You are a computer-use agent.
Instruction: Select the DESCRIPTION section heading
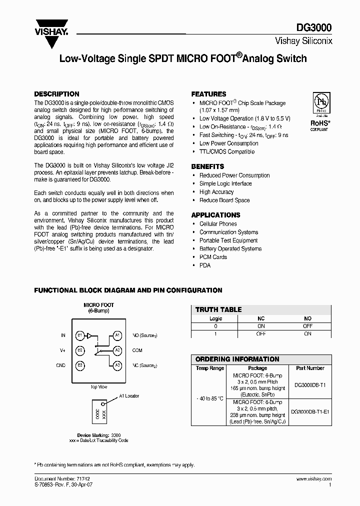tap(56, 94)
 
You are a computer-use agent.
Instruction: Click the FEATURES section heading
tap(208, 94)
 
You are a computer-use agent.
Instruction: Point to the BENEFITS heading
tap(207, 166)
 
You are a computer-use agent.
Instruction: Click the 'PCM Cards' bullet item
tap(213, 257)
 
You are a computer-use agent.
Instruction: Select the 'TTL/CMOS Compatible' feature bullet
tap(226, 151)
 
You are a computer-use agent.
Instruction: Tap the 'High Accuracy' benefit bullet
tap(216, 192)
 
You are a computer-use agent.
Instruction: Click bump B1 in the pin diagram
tap(79, 335)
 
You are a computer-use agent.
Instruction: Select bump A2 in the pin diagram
tap(117, 350)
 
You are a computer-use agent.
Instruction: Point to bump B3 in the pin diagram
tap(79, 365)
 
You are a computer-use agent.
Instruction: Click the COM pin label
tap(137, 350)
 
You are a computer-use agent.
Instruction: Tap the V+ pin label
tap(63, 350)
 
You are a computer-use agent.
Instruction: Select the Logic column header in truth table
tap(215, 318)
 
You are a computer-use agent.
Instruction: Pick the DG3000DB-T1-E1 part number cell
tap(310, 412)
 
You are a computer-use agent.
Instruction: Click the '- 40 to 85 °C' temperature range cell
tap(209, 398)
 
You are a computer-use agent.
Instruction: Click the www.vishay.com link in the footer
tap(314, 479)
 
